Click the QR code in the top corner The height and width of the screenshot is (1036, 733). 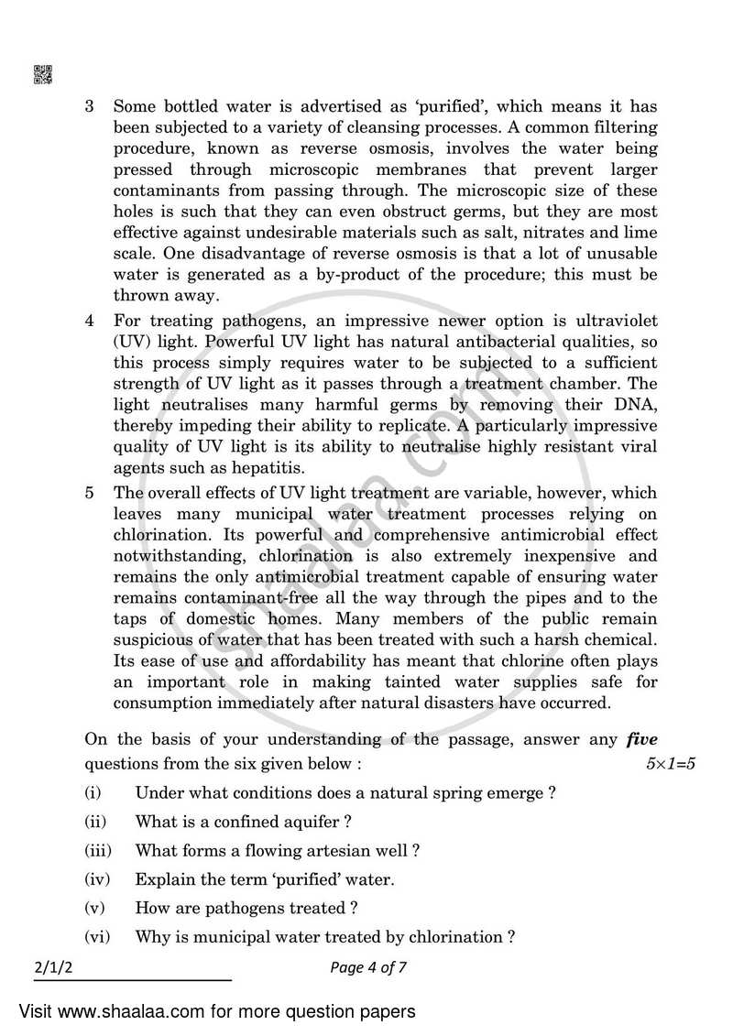point(43,74)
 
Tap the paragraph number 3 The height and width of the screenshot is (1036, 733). point(90,106)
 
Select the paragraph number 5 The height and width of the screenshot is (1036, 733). point(90,492)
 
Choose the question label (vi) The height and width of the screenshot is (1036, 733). point(96,937)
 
